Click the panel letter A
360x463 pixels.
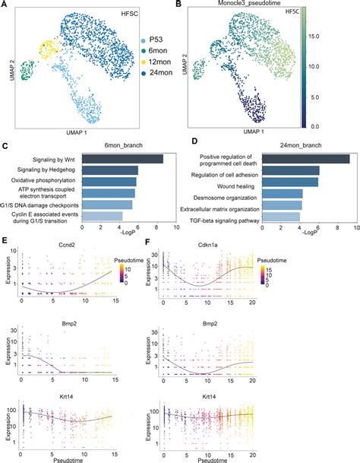(x=5, y=5)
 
